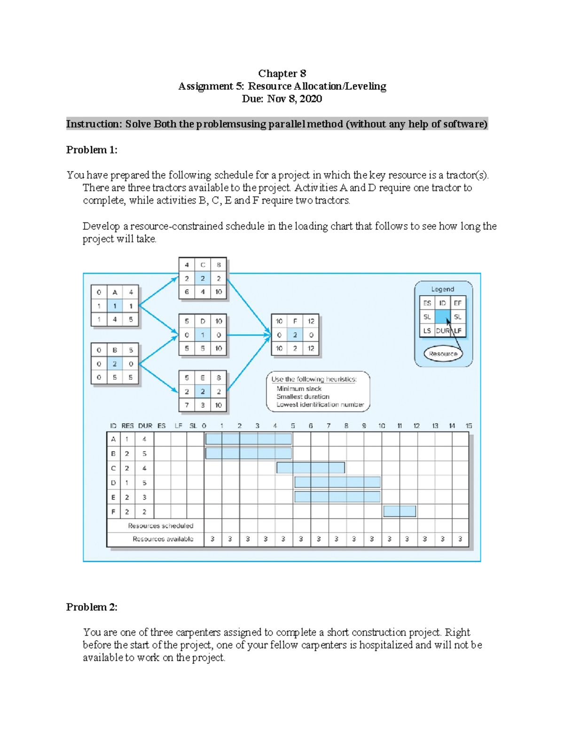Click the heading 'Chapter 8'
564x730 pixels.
(282, 73)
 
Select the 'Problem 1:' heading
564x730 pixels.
(92, 150)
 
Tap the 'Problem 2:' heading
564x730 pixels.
(92, 607)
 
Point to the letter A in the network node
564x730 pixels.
(115, 292)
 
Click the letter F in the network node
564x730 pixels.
(295, 321)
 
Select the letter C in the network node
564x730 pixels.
(203, 265)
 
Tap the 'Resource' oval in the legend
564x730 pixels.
(443, 353)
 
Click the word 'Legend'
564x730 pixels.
(443, 289)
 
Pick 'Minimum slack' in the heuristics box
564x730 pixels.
(299, 389)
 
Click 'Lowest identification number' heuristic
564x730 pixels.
(320, 404)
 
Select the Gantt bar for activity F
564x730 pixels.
(399, 511)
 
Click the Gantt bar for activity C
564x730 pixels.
(311, 468)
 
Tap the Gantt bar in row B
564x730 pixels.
(249, 453)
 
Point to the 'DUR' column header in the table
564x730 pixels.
(145, 425)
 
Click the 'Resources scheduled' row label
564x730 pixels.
(160, 526)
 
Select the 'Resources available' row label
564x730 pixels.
(163, 539)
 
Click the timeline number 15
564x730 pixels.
(469, 425)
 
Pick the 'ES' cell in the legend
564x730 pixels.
(427, 303)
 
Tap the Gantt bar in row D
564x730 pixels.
(337, 482)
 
